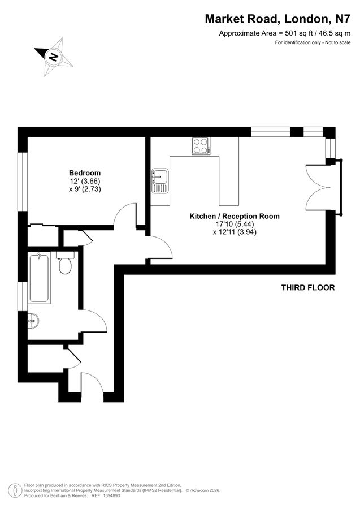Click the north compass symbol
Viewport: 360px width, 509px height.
tap(54, 57)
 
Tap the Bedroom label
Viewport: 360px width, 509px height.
tap(85, 173)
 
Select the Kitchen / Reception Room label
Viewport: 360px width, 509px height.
tap(234, 217)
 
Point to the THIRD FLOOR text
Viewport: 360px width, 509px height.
tap(308, 288)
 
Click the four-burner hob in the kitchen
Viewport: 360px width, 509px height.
tap(201, 146)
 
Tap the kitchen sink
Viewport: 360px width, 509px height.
tap(160, 180)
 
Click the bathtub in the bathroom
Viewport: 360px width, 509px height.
tap(39, 278)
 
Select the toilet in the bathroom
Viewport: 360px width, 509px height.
tap(65, 264)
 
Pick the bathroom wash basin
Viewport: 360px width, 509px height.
tap(33, 321)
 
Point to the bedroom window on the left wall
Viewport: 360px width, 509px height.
tap(23, 181)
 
